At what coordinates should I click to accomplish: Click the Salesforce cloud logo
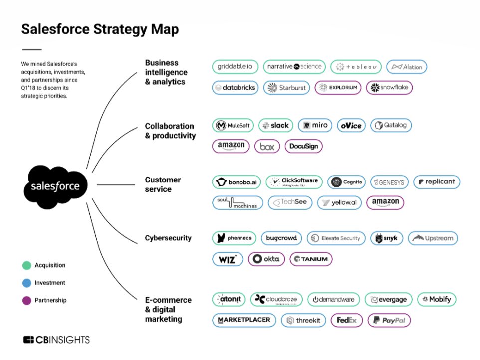tap(55, 186)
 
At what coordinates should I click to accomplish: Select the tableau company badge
tap(356, 67)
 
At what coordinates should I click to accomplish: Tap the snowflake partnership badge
tap(389, 88)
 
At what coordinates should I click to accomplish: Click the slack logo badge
tap(275, 125)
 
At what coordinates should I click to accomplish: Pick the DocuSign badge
tap(303, 147)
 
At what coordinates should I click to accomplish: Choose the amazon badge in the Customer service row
tap(385, 202)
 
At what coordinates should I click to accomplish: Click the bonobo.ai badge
tap(237, 182)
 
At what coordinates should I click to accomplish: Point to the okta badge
tap(267, 259)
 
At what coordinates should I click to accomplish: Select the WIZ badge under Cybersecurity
tap(228, 259)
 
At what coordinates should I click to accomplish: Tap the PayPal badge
tap(389, 320)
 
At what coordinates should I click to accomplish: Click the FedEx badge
tap(346, 320)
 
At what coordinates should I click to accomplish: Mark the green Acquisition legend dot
tap(26, 265)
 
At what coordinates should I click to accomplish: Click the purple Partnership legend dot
tap(26, 300)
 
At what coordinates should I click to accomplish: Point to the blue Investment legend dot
tap(26, 283)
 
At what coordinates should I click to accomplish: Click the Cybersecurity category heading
tap(168, 238)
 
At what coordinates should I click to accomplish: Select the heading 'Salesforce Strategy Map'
tap(100, 29)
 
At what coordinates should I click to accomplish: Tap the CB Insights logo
tap(56, 340)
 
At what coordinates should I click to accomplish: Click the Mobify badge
tap(437, 299)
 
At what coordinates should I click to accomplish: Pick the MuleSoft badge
tap(233, 125)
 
